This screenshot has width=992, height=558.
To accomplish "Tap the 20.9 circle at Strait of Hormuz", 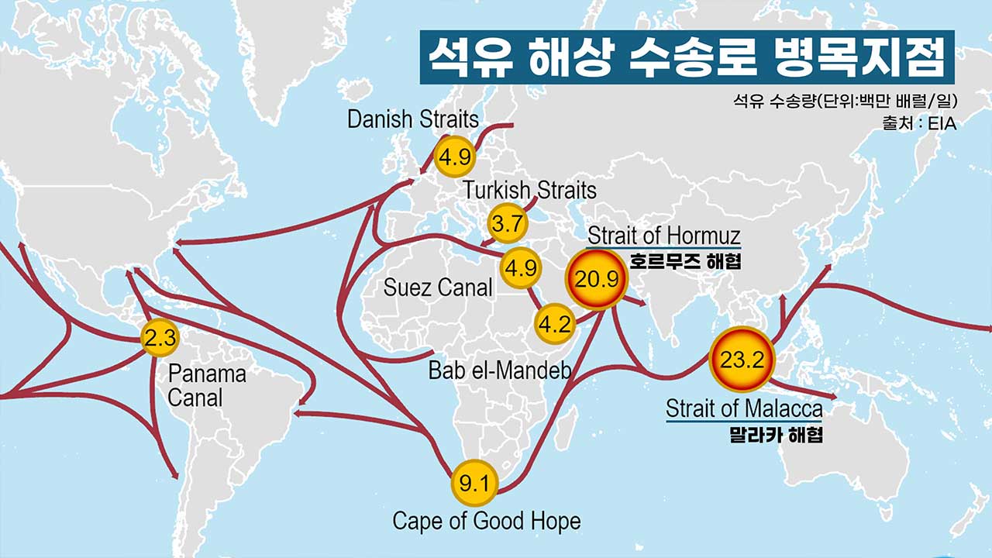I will (x=596, y=280).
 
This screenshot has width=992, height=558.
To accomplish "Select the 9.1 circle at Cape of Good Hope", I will (x=474, y=485).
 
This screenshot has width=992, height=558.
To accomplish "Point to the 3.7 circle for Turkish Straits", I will (x=508, y=225).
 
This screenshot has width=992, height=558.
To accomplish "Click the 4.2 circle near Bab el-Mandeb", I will (x=554, y=324).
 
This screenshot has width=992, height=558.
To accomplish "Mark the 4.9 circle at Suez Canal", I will (x=520, y=268).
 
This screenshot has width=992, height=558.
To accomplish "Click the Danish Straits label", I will (x=412, y=119).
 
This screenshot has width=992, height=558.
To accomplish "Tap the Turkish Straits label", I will (x=530, y=190).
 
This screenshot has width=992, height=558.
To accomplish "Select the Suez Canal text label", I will (x=438, y=288).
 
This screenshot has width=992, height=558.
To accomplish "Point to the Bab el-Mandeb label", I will (x=499, y=370).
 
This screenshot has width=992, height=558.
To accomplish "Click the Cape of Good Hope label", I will (x=486, y=521).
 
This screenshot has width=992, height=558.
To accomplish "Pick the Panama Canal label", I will (x=207, y=385).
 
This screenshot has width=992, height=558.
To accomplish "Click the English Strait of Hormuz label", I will (x=663, y=236).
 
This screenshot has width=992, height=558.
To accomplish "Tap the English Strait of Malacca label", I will (x=744, y=408).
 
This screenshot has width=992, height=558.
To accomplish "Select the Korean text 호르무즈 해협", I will (x=684, y=262).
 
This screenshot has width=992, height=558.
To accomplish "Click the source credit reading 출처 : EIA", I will (x=918, y=122).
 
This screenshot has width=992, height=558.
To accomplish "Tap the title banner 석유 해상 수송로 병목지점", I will (x=686, y=57).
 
